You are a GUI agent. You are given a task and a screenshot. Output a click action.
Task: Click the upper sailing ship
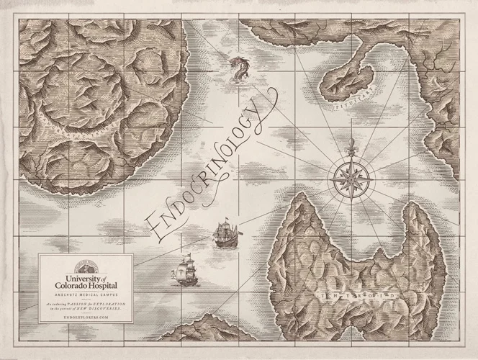coord(225,233)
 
